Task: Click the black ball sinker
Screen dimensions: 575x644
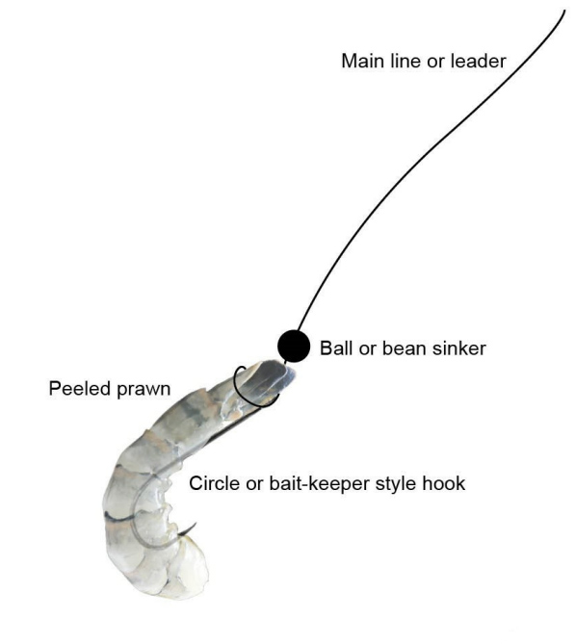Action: (x=294, y=347)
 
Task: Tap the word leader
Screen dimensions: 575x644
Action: (x=479, y=62)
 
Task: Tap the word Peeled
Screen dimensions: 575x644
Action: (x=80, y=389)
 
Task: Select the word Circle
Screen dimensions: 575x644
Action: (x=215, y=483)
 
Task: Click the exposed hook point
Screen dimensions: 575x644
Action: (x=196, y=524)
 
